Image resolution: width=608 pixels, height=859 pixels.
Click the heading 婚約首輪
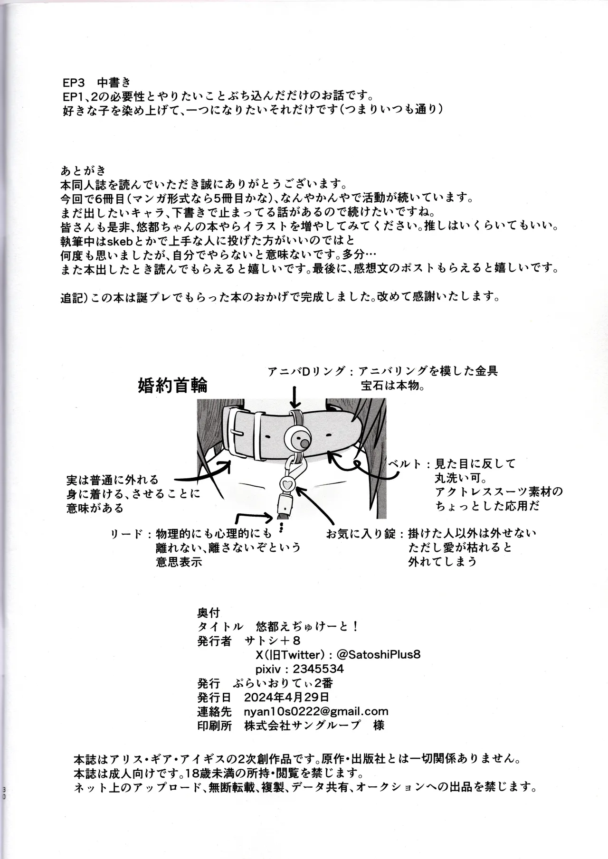click(172, 385)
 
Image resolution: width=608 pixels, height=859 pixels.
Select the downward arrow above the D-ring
click(295, 396)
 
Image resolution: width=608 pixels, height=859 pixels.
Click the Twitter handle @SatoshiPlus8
click(378, 654)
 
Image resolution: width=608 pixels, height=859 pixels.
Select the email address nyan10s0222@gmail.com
click(316, 711)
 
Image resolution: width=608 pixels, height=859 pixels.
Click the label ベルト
click(405, 463)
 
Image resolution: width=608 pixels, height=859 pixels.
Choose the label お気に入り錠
click(361, 533)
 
